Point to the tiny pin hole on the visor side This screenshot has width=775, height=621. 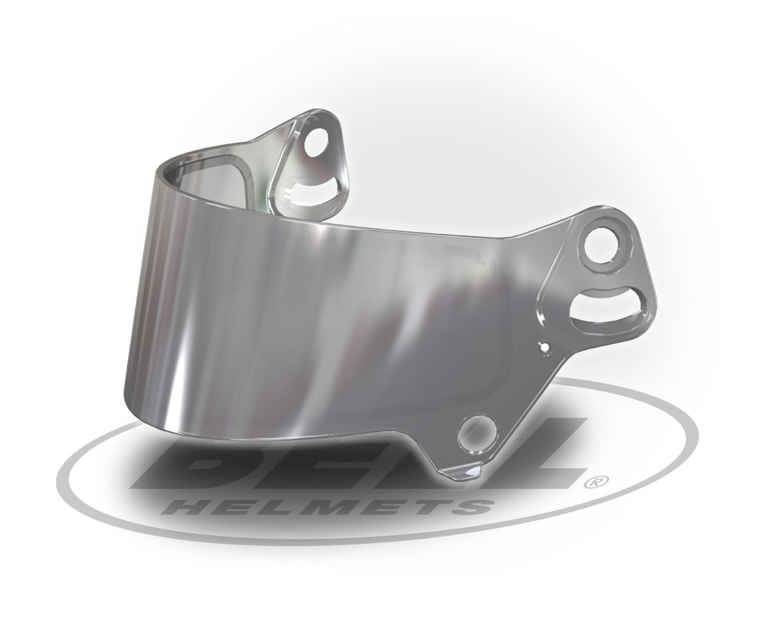click(x=543, y=347)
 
